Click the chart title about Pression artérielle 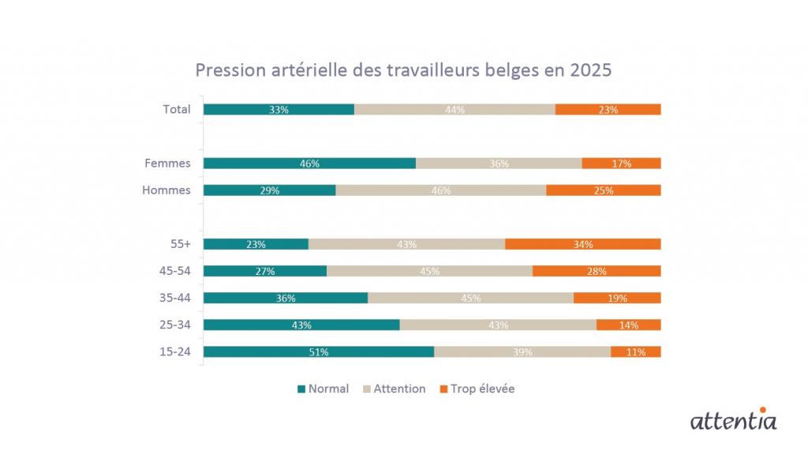point(403,70)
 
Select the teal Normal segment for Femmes point(309,164)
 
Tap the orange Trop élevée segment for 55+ point(582,244)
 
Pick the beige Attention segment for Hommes point(440,190)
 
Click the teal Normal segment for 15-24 point(318,352)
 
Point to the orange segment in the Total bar point(608,110)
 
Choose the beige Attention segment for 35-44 point(470,298)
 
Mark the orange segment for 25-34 point(628,325)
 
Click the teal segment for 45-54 point(264,271)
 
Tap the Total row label point(177,109)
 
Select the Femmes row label point(167,164)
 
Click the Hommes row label point(166,190)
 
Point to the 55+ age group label point(181,244)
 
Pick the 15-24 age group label point(175,352)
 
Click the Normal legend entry point(323,389)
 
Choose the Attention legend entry point(394,389)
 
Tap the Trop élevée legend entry point(477,389)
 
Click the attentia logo point(733,419)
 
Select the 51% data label point(319,352)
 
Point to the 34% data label point(583,245)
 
